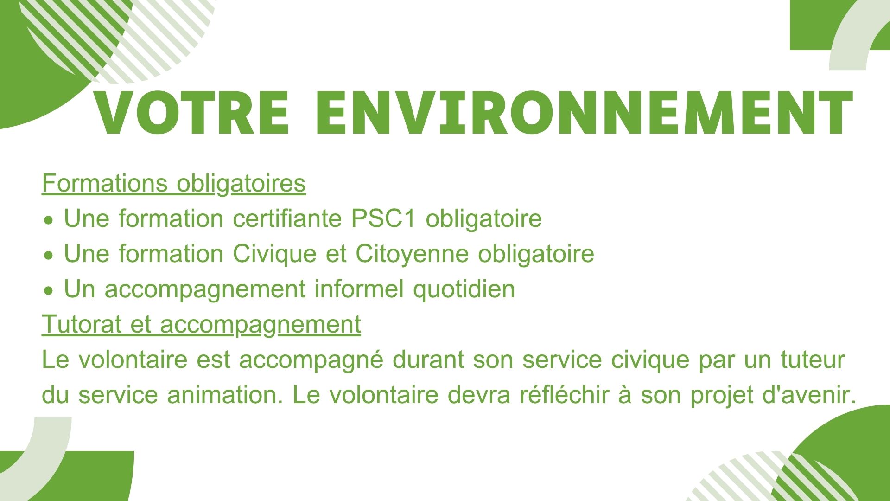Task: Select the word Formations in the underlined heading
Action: tap(104, 183)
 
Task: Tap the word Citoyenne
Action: tap(412, 254)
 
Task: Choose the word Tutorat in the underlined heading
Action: tap(81, 324)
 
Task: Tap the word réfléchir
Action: tap(564, 394)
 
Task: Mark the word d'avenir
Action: tap(808, 395)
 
